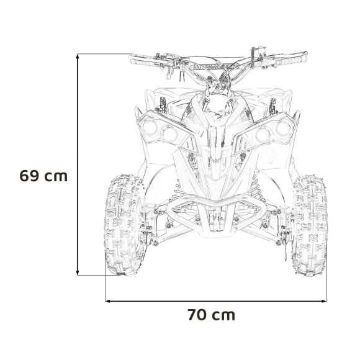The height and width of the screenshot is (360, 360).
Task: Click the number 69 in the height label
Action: tap(30, 175)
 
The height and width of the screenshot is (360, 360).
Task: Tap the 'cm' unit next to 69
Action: tap(56, 176)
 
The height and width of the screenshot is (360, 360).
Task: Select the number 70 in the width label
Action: tap(197, 315)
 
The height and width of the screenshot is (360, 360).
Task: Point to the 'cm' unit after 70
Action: tap(223, 315)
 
